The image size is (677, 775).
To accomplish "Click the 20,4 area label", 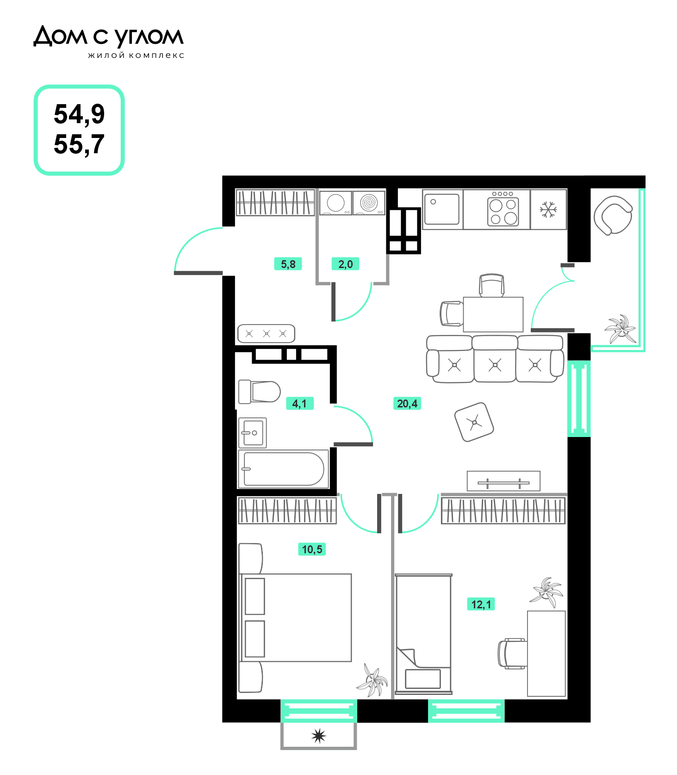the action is [x=407, y=404].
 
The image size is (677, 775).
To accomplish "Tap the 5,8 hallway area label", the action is [x=288, y=264].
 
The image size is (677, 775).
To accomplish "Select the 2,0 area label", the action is [x=345, y=264].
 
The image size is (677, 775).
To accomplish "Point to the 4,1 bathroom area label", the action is [x=299, y=404].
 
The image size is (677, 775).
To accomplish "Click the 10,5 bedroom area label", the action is [x=312, y=550].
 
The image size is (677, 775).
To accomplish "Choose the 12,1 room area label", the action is [x=481, y=604].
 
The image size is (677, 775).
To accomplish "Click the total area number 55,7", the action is [x=79, y=145].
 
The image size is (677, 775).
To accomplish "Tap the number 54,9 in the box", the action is [x=79, y=114].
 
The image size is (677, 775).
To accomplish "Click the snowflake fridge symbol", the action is [x=548, y=210].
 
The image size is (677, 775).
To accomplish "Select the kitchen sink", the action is [x=442, y=209].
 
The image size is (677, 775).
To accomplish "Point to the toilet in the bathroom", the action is [x=259, y=392].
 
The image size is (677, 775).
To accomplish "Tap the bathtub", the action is [x=283, y=469].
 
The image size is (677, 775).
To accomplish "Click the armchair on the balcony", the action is [x=613, y=215].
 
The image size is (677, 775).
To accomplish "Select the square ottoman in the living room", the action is [x=474, y=422].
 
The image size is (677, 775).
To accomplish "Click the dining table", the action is [x=493, y=314].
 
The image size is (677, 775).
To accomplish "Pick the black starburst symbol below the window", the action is [x=319, y=736].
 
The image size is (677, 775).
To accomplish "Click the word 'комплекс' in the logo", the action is [x=156, y=56].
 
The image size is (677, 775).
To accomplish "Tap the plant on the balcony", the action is [x=620, y=328].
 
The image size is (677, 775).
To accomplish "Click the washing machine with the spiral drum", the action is [x=369, y=203].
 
